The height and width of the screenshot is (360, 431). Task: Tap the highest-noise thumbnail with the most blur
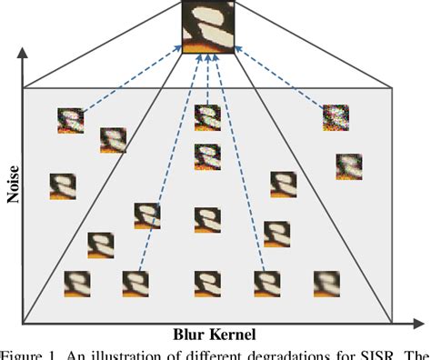point(335,118)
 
